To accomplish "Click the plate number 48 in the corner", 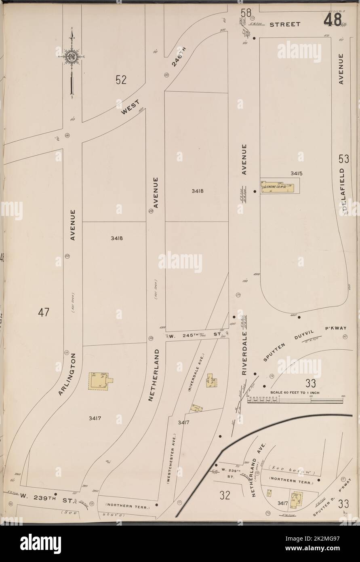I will pos(332,19).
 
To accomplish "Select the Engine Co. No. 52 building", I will pos(277,187).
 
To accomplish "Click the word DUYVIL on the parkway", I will pos(295,336).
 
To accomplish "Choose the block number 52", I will pos(121,80).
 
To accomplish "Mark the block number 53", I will pos(344,159).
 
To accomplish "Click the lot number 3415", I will pos(296,173).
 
